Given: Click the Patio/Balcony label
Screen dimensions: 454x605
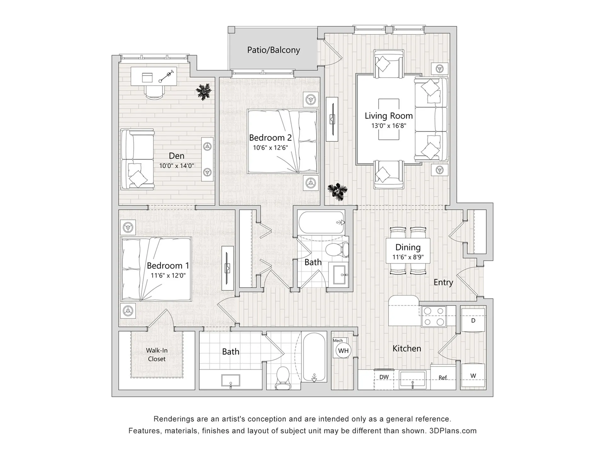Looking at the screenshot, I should click(273, 50).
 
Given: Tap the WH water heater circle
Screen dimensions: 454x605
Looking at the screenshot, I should click(343, 351).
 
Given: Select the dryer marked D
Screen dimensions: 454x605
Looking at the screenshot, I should click(473, 320).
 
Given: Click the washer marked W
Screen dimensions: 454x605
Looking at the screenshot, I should click(473, 375).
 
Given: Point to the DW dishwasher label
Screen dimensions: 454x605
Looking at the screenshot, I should click(384, 377).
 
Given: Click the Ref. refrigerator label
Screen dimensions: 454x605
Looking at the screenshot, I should click(443, 377).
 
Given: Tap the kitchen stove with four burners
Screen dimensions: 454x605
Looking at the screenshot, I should click(434, 317).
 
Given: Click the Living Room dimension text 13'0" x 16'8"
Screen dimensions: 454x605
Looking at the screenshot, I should click(389, 125).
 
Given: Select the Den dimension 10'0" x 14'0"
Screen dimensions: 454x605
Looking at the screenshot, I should click(176, 166).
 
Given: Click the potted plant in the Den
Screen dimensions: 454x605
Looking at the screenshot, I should click(204, 92).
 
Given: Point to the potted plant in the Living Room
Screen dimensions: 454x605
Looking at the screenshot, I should click(337, 191).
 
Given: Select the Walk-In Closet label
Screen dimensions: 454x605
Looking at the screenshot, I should click(157, 355).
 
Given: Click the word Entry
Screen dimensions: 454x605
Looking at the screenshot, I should click(443, 282).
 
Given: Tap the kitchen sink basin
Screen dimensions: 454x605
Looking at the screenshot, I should click(412, 379).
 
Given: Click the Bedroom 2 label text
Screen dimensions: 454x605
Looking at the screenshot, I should click(270, 138).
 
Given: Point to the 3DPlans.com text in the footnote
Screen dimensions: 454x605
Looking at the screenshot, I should click(453, 431).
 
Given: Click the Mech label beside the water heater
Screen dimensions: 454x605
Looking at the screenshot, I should click(337, 340).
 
